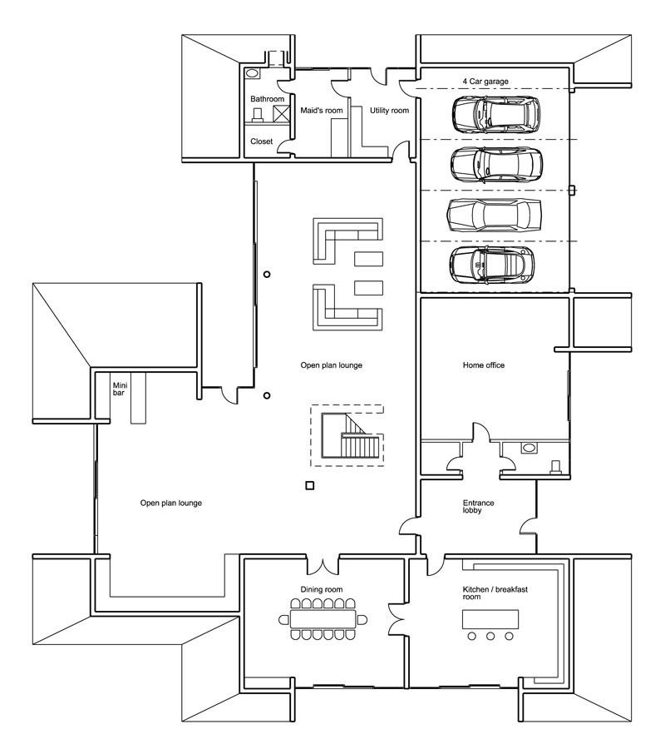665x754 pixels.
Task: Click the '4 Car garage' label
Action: (485, 82)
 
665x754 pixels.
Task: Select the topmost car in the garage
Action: (495, 114)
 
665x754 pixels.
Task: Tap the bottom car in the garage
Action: (494, 265)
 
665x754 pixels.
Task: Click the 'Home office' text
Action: (483, 365)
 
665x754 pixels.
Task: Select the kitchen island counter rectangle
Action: (490, 619)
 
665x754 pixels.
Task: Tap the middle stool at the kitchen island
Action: (490, 637)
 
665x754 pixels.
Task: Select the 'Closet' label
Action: (262, 141)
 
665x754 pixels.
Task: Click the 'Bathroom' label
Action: (268, 99)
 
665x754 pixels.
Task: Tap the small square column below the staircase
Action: (310, 486)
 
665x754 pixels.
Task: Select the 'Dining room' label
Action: (322, 589)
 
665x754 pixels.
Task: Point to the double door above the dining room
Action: (323, 564)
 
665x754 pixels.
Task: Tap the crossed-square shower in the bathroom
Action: (282, 115)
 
